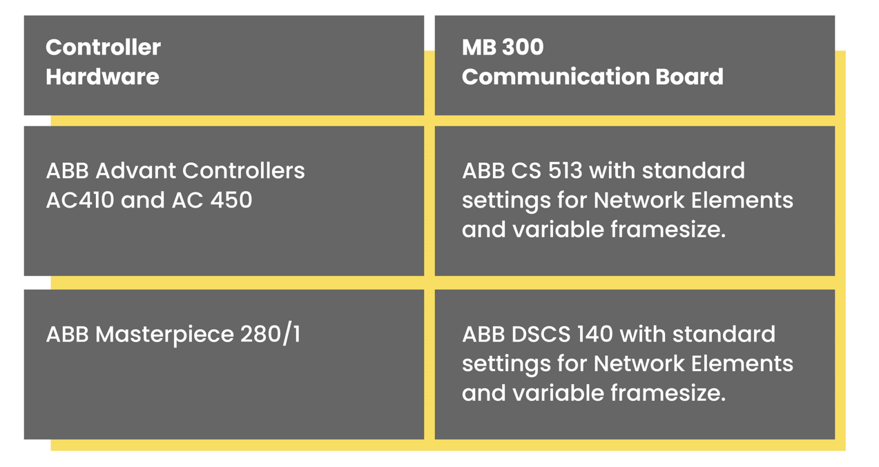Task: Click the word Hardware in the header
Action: (x=102, y=77)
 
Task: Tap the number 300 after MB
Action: (x=523, y=48)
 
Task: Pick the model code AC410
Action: (x=79, y=200)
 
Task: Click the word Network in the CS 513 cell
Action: (x=635, y=200)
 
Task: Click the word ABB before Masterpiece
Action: (x=67, y=335)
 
